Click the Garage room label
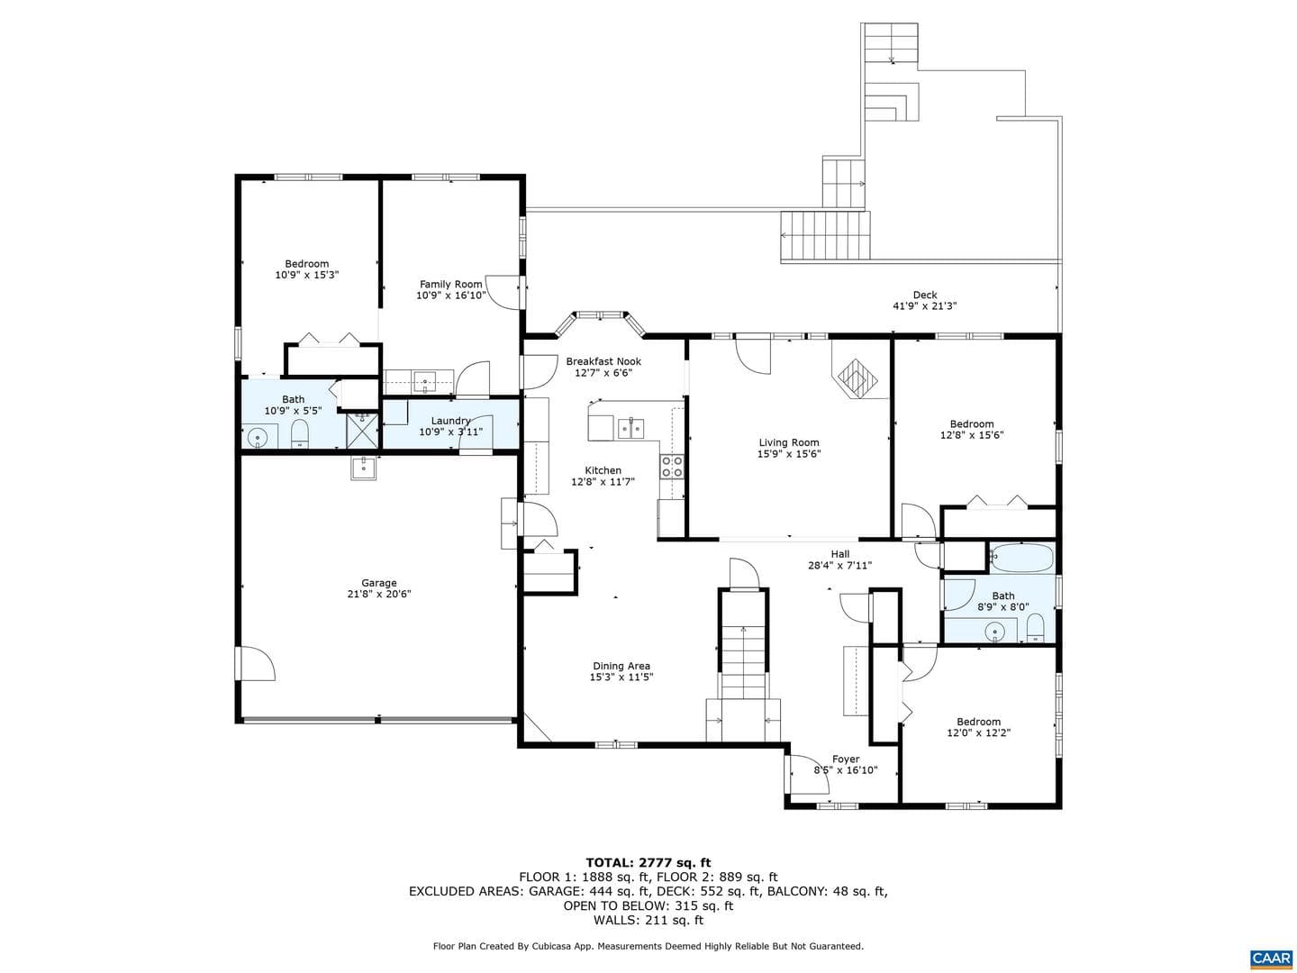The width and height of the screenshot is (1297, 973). (x=379, y=583)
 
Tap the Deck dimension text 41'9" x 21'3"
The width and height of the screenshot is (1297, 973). (x=924, y=306)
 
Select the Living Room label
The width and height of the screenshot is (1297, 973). (x=789, y=442)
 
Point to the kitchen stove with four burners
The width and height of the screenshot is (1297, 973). (x=671, y=466)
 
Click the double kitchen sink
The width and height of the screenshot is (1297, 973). (x=631, y=428)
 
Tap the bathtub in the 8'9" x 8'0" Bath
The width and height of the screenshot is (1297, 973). (x=1021, y=558)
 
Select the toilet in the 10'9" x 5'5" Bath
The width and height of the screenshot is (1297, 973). (x=300, y=434)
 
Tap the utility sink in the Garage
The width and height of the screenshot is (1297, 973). (x=364, y=468)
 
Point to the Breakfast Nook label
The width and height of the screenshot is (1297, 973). (x=603, y=361)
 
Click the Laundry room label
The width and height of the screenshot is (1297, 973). (x=450, y=421)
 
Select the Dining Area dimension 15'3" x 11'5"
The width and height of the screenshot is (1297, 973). (x=621, y=677)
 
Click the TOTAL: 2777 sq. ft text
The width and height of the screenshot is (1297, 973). (x=648, y=863)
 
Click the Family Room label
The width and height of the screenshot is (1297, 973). (x=451, y=284)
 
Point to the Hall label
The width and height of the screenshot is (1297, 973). (x=839, y=554)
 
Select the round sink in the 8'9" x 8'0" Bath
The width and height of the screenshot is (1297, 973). (x=995, y=633)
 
